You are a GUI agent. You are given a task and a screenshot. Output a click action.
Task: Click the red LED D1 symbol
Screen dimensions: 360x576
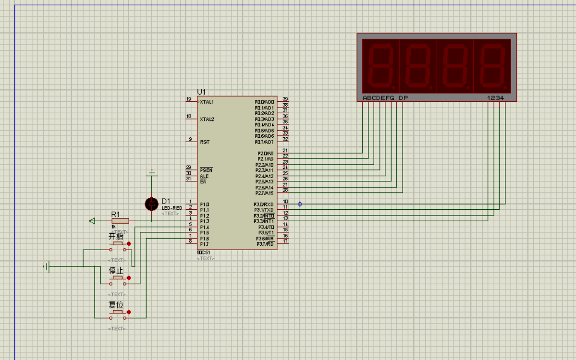152,204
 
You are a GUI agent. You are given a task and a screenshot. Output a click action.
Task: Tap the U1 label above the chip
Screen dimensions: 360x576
201,92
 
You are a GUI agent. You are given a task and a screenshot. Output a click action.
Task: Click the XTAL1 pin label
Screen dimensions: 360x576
207,102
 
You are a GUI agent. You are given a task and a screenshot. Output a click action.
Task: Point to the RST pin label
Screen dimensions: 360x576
205,142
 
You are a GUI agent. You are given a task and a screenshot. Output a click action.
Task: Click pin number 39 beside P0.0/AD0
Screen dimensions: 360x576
285,99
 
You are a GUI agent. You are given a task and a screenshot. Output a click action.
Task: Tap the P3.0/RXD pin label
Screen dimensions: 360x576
264,204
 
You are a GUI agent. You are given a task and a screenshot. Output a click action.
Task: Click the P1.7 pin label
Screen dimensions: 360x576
205,244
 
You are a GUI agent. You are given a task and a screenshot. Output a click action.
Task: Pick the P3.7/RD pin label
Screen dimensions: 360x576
265,244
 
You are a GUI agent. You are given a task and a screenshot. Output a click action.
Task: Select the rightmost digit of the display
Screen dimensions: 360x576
492,66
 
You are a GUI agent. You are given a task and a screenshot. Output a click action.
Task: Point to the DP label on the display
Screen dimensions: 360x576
403,98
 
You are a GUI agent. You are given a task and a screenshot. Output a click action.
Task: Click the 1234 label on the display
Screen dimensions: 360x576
496,98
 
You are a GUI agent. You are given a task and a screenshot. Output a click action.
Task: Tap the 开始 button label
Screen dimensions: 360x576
116,237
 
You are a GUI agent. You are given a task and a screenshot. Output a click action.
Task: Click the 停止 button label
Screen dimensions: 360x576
116,271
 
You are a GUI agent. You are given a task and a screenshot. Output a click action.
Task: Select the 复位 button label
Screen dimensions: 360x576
116,305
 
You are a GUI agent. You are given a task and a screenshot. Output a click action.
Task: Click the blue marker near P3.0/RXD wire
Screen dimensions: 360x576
300,204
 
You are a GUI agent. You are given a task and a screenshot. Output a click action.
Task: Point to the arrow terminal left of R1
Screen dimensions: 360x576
92,221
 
